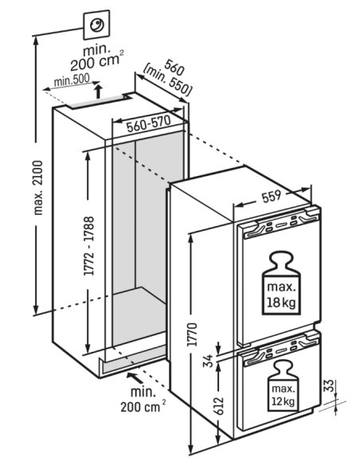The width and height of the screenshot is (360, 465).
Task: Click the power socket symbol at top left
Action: (x=96, y=25)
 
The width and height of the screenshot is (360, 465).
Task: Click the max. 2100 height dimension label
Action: (x=38, y=188)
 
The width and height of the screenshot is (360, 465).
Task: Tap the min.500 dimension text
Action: (x=72, y=80)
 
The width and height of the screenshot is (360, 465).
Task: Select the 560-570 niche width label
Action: (x=149, y=123)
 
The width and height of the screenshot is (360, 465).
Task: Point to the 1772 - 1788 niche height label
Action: (x=89, y=246)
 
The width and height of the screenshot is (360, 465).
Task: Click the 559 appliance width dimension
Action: (x=271, y=196)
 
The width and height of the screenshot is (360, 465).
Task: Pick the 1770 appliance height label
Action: (x=193, y=334)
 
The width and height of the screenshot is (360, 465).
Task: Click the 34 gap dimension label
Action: (x=209, y=361)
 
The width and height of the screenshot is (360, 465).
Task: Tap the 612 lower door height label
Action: (x=217, y=406)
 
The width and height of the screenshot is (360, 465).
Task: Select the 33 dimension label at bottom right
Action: (x=330, y=385)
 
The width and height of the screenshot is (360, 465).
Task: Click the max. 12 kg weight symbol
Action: (x=283, y=386)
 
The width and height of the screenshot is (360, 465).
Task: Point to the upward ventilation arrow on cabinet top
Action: (x=99, y=91)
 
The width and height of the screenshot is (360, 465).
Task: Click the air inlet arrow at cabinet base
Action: (x=135, y=378)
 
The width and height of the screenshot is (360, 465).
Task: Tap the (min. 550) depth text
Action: (x=166, y=83)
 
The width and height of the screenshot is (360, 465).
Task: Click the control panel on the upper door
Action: (x=281, y=225)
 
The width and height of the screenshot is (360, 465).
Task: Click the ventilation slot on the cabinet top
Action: (x=96, y=102)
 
